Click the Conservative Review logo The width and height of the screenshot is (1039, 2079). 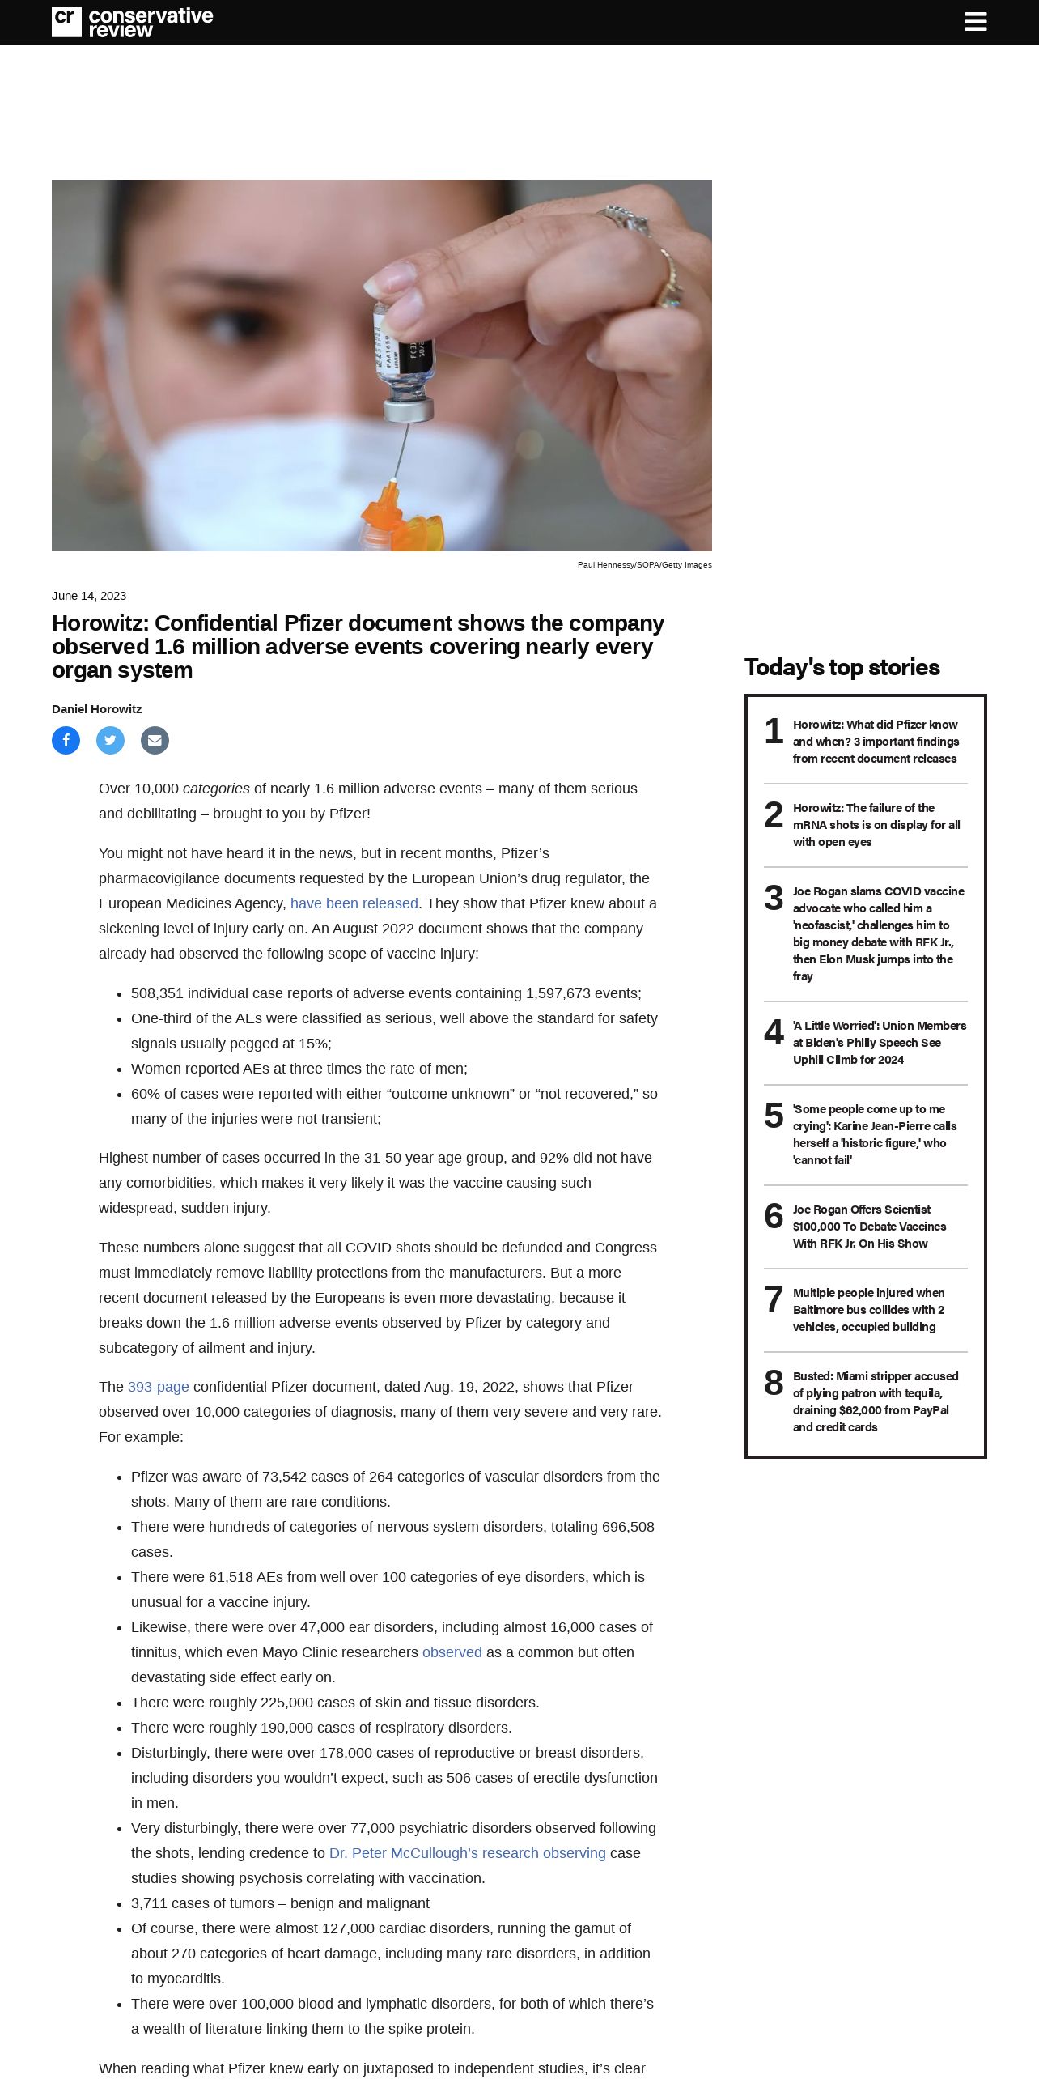[x=132, y=22]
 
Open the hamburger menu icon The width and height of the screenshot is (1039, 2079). [x=975, y=22]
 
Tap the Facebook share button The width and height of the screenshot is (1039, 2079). [x=66, y=740]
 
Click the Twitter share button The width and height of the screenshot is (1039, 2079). [x=110, y=740]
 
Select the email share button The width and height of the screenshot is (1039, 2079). [x=155, y=740]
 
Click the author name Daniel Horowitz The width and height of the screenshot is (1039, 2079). [x=96, y=709]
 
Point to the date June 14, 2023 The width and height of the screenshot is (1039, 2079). [x=89, y=596]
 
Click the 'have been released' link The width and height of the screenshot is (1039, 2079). [x=354, y=903]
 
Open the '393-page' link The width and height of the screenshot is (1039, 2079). [x=158, y=1387]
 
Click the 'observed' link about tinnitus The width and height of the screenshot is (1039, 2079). [x=452, y=1652]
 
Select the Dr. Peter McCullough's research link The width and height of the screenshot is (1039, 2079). [x=467, y=1853]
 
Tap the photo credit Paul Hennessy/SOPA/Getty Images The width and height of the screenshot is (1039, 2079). [x=644, y=565]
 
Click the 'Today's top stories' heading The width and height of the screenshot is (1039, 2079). [x=842, y=667]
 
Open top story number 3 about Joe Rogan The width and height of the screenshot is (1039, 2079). [x=878, y=933]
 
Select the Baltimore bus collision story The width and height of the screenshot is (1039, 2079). [x=868, y=1310]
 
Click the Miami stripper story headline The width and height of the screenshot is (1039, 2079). [x=875, y=1401]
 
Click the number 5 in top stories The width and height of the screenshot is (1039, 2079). [x=774, y=1116]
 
